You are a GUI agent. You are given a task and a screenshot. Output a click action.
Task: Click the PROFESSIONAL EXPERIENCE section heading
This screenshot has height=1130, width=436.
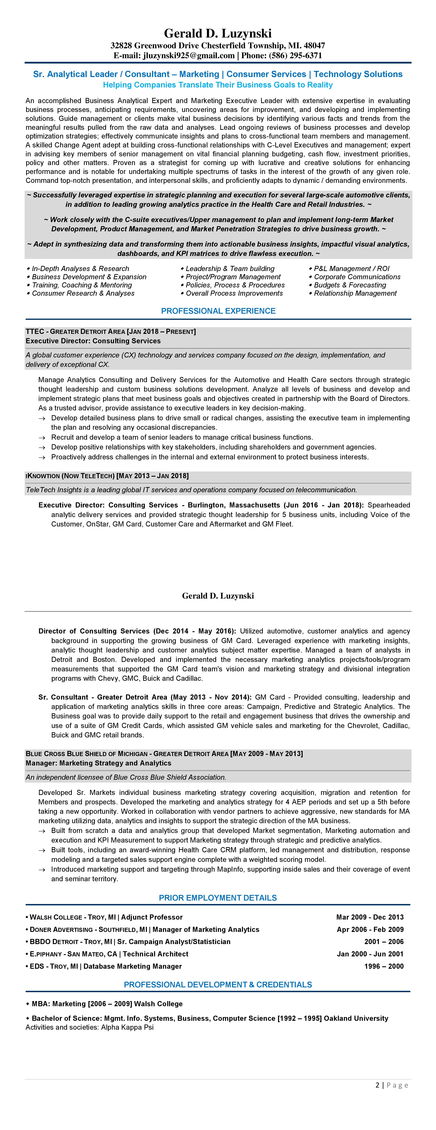(218, 311)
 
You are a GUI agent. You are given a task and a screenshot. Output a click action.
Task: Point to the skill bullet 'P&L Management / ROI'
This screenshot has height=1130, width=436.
(351, 268)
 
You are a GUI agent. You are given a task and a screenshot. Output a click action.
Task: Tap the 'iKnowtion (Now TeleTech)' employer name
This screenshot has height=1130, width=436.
(70, 476)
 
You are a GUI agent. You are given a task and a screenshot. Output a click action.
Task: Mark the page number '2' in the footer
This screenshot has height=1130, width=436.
(377, 1085)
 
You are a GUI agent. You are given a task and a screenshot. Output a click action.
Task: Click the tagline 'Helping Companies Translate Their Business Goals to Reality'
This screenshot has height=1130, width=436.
(218, 85)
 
